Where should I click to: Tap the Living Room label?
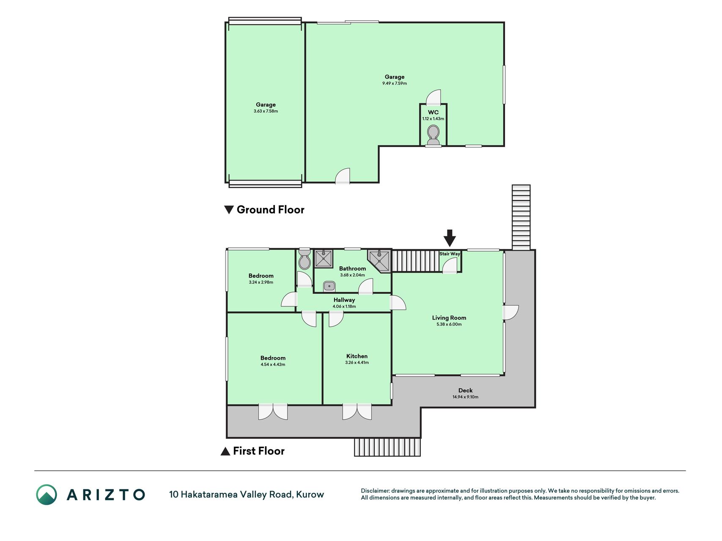tap(449, 318)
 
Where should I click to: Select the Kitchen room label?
tap(357, 356)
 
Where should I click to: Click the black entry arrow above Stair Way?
tap(450, 238)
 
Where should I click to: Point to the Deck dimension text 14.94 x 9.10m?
tap(465, 397)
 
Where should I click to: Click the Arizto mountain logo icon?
tap(47, 495)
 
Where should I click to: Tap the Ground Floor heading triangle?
tap(229, 210)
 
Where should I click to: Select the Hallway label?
tap(344, 300)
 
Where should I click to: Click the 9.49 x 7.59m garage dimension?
tap(395, 83)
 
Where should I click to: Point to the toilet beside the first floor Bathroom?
tap(304, 259)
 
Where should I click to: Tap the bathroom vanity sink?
tap(329, 286)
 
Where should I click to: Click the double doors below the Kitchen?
tap(357, 412)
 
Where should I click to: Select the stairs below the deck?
tap(387, 447)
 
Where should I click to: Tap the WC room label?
tap(433, 112)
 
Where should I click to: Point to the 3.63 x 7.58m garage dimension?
tap(266, 111)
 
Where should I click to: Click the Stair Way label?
tap(450, 254)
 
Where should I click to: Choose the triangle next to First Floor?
tap(225, 451)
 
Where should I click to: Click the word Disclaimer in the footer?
tap(375, 491)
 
